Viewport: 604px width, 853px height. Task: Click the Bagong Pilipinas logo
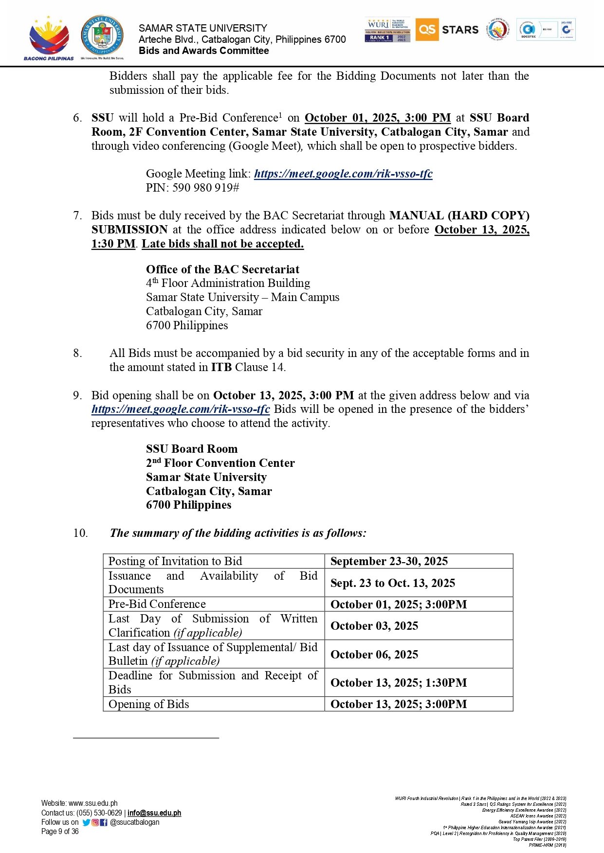49,38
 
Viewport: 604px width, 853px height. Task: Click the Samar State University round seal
102,36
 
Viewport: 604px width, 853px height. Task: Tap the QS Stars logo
447,30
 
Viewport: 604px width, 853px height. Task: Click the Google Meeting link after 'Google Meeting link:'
343,174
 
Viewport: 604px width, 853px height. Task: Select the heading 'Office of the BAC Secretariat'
222,269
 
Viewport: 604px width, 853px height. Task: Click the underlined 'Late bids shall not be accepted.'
222,244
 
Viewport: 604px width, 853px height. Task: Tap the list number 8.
77,353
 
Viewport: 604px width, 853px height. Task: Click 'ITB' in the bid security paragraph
221,367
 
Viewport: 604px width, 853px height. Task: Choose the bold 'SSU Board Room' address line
192,449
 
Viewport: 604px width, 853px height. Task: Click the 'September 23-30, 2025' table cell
389,561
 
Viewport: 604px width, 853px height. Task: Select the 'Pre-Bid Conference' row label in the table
157,604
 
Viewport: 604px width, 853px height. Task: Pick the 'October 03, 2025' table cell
374,626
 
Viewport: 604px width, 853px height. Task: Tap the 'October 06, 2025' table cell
374,655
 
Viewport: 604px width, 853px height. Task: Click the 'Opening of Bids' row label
148,704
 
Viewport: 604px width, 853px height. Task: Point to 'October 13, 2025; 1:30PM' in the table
398,683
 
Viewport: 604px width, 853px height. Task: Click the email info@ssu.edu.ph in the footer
154,813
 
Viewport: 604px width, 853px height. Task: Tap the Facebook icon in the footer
104,822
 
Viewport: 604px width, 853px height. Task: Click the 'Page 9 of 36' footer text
60,832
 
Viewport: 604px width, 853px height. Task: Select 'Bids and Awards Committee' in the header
203,51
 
